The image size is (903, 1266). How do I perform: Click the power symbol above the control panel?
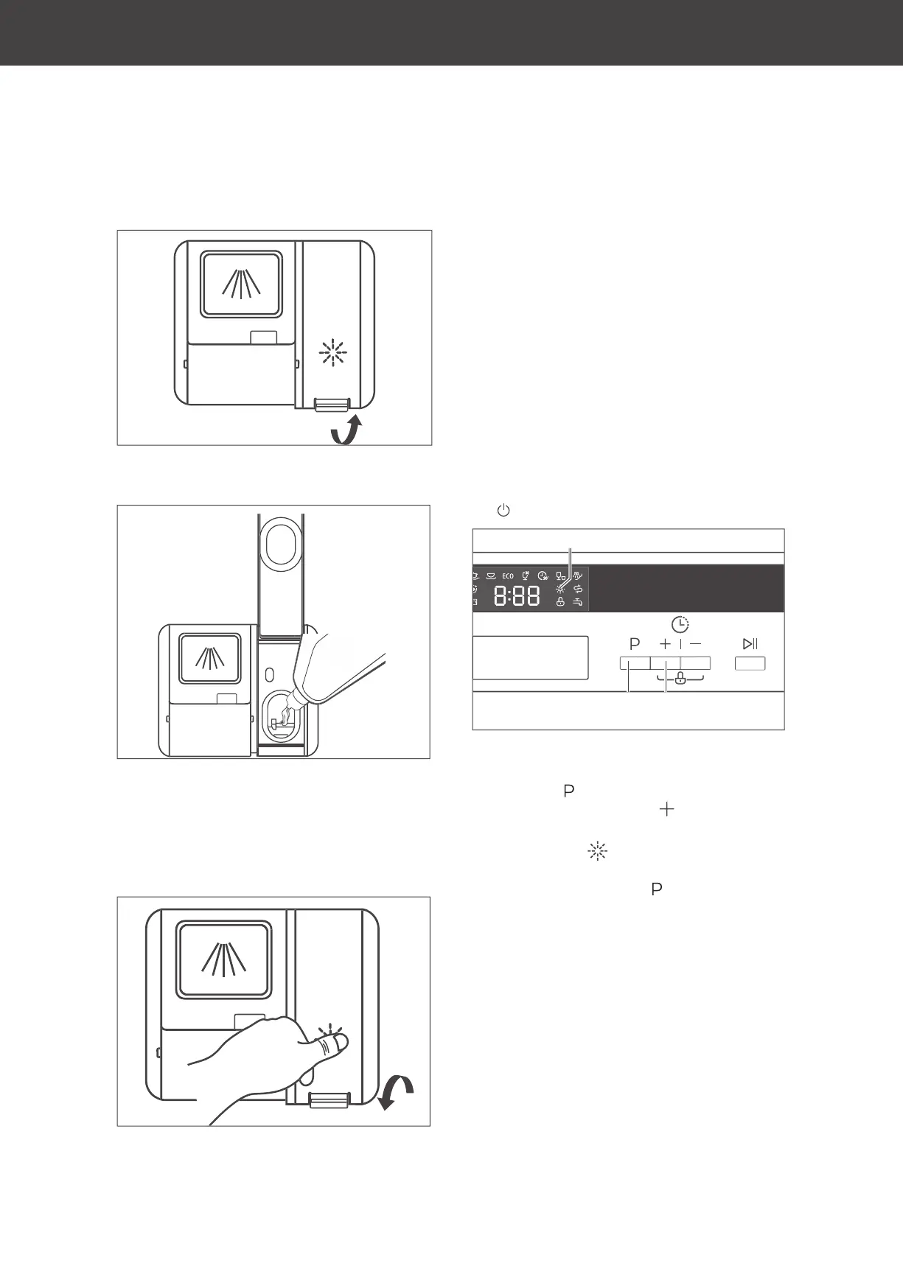[503, 510]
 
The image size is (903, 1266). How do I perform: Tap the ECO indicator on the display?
[508, 576]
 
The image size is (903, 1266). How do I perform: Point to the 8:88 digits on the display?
[516, 596]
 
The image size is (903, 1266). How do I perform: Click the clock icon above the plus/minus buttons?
[680, 626]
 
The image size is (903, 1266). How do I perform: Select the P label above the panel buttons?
[634, 644]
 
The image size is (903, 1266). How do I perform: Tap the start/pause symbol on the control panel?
[750, 644]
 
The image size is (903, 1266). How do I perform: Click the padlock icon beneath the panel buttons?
[680, 679]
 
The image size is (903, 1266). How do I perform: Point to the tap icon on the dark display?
[578, 602]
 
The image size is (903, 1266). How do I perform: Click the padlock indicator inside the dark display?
[560, 602]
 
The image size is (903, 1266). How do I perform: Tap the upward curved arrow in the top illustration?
[346, 430]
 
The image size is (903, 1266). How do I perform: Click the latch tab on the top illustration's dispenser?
[332, 405]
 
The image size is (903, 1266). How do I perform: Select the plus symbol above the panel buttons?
[665, 644]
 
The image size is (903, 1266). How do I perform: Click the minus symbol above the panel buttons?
[696, 644]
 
